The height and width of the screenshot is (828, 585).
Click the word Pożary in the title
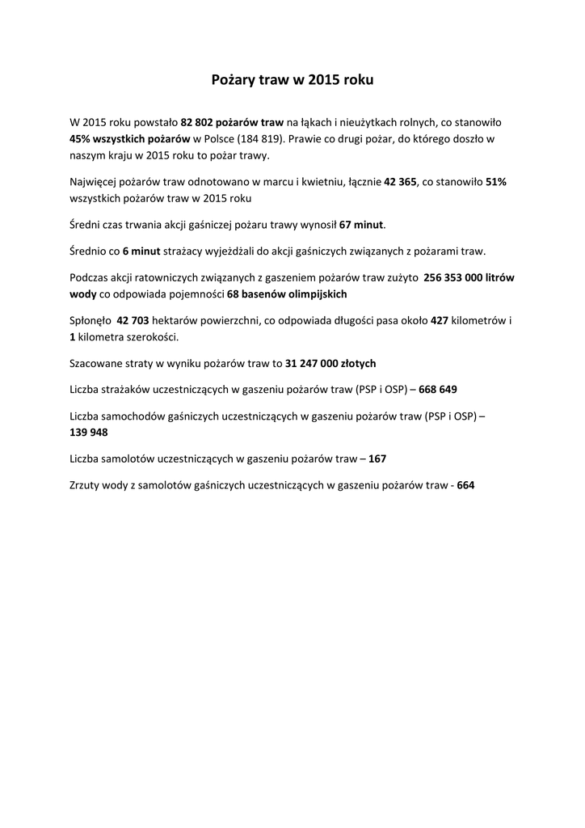233,81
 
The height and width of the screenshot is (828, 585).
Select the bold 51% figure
495,183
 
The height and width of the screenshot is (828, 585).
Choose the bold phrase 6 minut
141,251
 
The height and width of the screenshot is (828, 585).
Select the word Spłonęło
90,321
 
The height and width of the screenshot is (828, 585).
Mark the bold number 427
440,321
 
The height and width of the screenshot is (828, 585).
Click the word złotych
354,364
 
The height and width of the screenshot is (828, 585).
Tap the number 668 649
438,390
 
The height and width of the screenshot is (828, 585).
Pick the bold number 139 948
89,433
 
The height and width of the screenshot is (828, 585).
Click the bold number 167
377,459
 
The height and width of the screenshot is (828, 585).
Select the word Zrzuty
86,486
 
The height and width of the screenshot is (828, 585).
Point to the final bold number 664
465,486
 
